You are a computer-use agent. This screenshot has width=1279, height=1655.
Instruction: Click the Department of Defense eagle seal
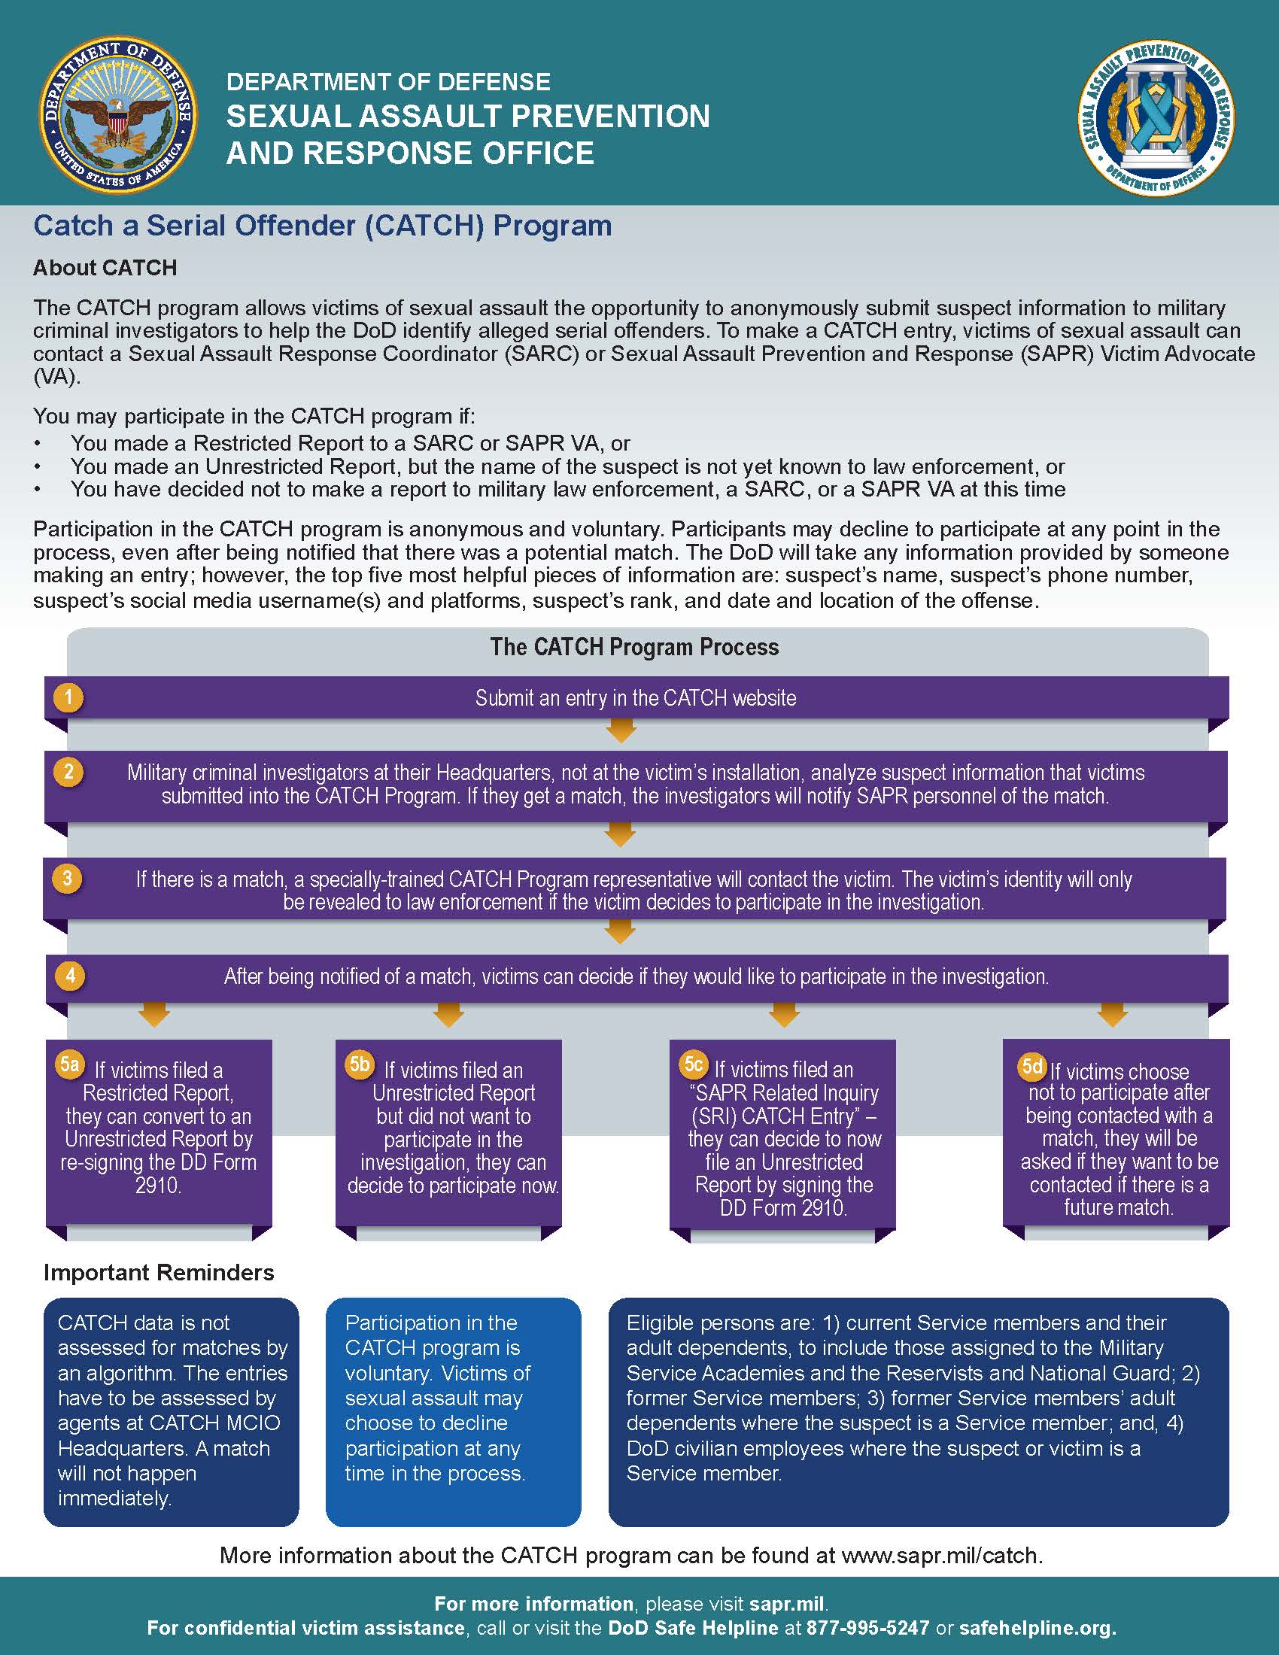(x=117, y=117)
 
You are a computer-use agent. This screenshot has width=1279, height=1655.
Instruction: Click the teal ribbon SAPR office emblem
(x=1156, y=117)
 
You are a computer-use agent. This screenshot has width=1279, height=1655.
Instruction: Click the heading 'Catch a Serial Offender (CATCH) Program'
(x=323, y=226)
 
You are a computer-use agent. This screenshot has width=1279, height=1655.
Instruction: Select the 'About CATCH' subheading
(x=105, y=268)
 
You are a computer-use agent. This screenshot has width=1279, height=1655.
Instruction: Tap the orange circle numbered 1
(x=68, y=697)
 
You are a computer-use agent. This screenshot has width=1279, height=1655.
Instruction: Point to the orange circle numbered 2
(x=68, y=771)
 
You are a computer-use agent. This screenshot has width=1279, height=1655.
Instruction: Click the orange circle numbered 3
(x=68, y=878)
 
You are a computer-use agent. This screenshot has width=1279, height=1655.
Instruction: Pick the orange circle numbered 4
(x=70, y=974)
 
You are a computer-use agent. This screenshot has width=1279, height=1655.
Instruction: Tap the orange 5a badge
(x=70, y=1064)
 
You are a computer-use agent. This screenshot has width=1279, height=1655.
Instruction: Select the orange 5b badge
(x=359, y=1064)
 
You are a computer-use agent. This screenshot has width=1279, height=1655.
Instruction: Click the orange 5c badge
(x=694, y=1064)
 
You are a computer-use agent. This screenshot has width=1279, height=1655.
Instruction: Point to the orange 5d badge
(x=1032, y=1066)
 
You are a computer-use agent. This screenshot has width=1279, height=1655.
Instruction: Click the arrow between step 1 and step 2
(x=621, y=731)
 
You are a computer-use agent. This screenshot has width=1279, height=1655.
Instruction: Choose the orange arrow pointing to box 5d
(x=1111, y=1015)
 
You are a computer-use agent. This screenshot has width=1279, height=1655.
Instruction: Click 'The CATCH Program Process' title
(x=634, y=647)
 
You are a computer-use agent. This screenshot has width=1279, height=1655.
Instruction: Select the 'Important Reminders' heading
(x=159, y=1272)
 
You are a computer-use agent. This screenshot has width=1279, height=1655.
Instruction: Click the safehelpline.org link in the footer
(x=1037, y=1628)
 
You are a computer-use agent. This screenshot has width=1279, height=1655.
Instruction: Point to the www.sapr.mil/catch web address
(x=942, y=1556)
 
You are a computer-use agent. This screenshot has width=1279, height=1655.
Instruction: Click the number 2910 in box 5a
(x=157, y=1185)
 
